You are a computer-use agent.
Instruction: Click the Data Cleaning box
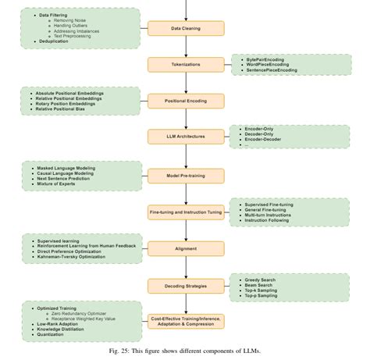[186, 29]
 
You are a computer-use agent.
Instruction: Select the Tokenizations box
[186, 65]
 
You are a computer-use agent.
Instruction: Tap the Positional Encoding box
[186, 101]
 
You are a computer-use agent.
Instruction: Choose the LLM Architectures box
[186, 137]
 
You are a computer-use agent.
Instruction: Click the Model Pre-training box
[186, 176]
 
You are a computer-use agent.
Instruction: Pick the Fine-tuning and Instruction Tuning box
[186, 212]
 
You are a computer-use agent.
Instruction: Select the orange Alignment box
[186, 248]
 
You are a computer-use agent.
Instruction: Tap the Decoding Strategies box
[186, 286]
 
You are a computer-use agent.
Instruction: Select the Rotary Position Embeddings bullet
[71, 104]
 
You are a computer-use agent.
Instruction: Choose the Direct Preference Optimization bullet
[76, 251]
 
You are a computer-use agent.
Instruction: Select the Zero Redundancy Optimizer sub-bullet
[85, 313]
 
